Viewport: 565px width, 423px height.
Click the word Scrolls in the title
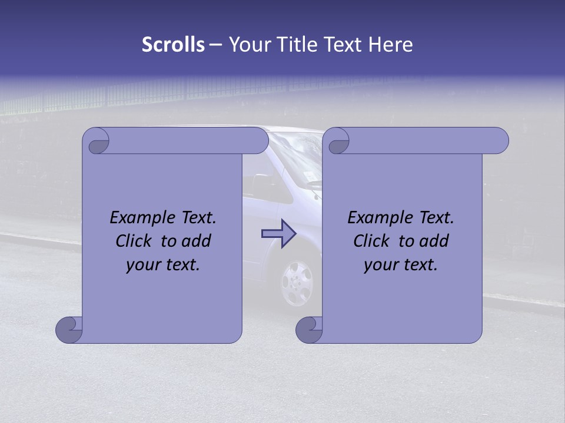coord(173,45)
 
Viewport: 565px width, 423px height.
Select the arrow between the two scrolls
coord(278,233)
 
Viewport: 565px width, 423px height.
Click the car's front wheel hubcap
coord(296,283)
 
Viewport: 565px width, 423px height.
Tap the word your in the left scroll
coord(142,265)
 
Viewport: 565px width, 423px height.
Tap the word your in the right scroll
coord(380,265)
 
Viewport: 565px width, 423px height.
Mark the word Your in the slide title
coord(249,45)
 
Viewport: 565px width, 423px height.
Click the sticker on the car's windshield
coord(308,174)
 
